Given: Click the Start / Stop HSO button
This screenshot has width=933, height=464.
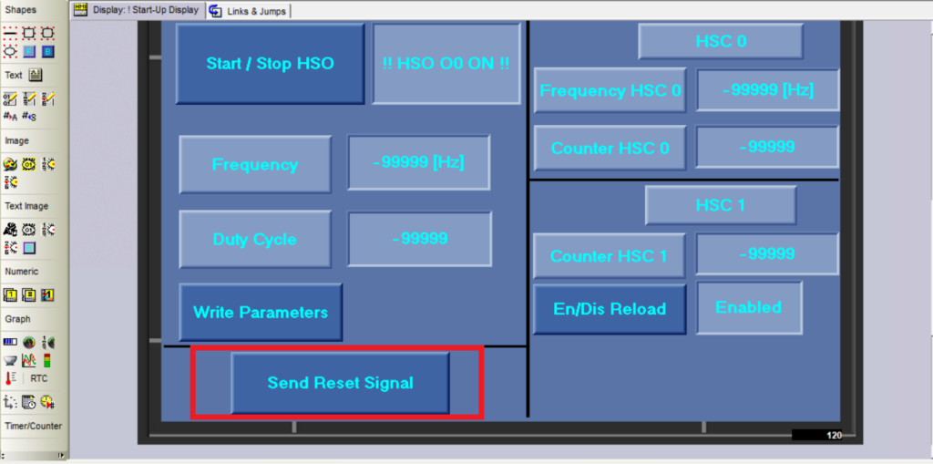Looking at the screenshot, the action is [x=270, y=64].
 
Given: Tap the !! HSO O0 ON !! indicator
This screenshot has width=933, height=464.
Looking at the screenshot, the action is [x=446, y=64].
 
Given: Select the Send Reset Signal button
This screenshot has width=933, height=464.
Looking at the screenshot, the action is [x=341, y=382].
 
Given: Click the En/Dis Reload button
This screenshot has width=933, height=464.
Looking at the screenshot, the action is [x=610, y=309].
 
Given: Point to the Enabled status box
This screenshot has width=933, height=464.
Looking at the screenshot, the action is [x=749, y=308].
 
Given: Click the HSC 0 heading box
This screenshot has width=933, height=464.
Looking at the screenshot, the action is [x=722, y=41].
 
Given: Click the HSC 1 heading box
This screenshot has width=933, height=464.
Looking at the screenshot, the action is [x=721, y=205].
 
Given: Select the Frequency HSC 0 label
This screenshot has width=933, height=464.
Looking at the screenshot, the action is [x=610, y=90].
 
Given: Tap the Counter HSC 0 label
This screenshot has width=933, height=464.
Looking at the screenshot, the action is [x=610, y=149].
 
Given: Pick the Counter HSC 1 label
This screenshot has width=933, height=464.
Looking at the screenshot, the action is [x=609, y=256].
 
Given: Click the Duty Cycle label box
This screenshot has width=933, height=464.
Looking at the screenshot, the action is [x=255, y=240].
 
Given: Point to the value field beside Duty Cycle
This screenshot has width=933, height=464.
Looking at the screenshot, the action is [x=420, y=239].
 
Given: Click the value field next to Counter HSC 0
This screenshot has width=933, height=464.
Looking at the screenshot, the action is [x=767, y=147].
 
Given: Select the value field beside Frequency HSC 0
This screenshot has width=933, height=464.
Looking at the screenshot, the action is [x=767, y=90].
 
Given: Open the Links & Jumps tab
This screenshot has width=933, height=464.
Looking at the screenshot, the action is [x=250, y=11].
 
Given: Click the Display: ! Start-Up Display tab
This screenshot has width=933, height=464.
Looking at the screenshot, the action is [x=138, y=10].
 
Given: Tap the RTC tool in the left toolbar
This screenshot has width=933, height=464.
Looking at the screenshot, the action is [x=39, y=378].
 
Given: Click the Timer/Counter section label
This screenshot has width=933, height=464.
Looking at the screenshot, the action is [x=34, y=426].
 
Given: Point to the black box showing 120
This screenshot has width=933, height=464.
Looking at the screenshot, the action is [x=817, y=436].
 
